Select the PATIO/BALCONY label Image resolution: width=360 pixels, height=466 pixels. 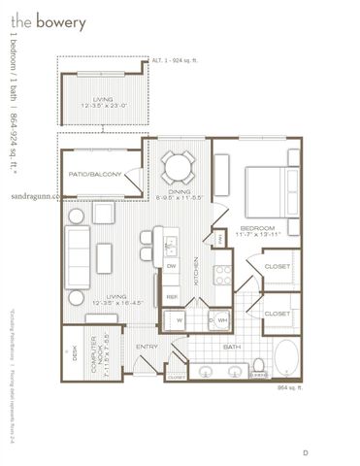94,174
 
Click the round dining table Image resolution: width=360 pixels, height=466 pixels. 178,167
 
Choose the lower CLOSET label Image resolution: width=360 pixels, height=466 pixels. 277,314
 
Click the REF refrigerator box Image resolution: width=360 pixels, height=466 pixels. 172,295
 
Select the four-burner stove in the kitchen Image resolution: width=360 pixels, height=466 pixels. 222,274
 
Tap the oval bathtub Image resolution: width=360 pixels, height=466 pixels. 288,359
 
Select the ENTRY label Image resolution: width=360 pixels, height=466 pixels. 147,346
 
